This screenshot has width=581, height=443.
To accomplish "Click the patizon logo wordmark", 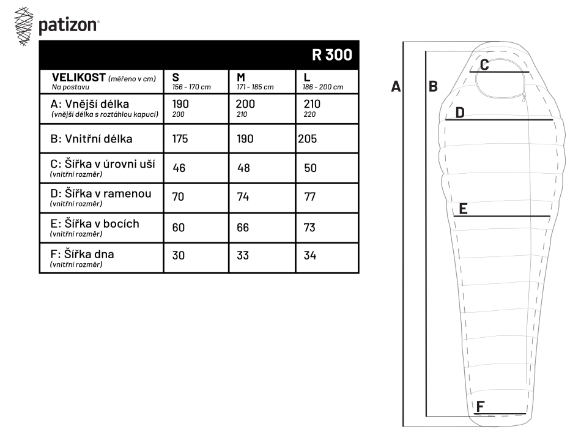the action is [68, 26].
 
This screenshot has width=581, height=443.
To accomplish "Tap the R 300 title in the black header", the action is [331, 55].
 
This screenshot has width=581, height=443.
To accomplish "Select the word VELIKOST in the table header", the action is [78, 77].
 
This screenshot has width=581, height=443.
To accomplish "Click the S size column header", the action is [176, 77].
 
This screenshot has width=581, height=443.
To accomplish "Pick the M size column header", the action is [241, 77].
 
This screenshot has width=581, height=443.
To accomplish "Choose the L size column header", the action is [306, 77].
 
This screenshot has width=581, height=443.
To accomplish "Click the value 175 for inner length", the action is [180, 139].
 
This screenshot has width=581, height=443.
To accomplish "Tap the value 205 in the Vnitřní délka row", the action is [307, 139].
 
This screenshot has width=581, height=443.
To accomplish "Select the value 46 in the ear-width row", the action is [179, 168].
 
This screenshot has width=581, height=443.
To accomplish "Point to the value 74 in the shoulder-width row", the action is [243, 196].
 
